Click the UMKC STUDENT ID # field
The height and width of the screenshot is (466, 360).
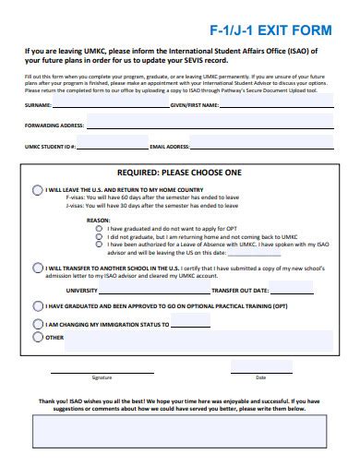(115, 146)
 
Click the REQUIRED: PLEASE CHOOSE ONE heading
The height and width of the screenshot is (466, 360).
(180, 173)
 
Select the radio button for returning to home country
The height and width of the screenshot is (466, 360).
(38, 190)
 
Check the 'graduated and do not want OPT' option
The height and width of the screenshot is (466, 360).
(100, 228)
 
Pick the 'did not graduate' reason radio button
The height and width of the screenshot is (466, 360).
(100, 236)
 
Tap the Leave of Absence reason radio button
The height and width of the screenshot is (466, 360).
(100, 245)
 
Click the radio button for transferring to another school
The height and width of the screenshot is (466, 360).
(38, 268)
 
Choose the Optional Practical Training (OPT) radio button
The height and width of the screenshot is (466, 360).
(38, 305)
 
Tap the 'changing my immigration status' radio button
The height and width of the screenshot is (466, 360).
(38, 325)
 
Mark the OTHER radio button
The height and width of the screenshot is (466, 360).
(38, 338)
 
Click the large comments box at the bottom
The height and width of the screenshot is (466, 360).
(180, 431)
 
